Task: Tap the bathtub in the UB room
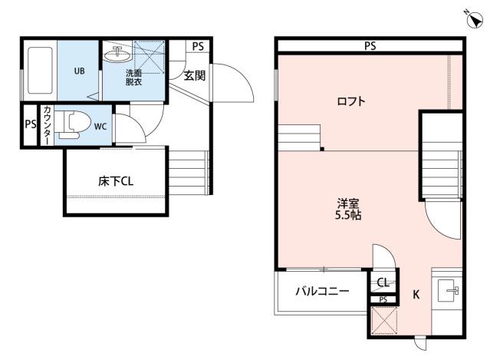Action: click(x=40, y=71)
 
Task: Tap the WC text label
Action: click(x=100, y=127)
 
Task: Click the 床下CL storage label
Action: click(x=117, y=182)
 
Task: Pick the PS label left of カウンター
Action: click(x=30, y=125)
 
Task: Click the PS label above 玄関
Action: click(x=198, y=46)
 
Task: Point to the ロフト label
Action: click(x=351, y=101)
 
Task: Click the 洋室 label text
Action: click(x=348, y=203)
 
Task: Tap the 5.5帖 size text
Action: click(x=349, y=216)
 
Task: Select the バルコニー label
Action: click(x=323, y=292)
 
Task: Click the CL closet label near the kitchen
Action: click(x=382, y=282)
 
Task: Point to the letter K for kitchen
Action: click(x=416, y=294)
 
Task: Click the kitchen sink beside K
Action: click(x=449, y=290)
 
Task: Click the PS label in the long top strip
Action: click(x=370, y=46)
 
